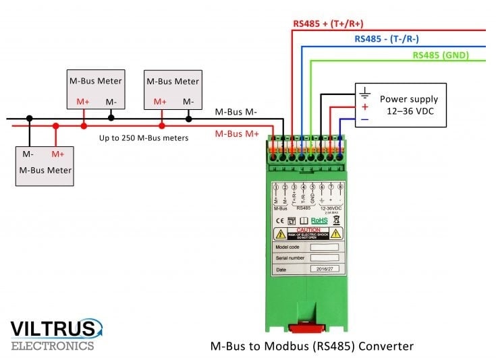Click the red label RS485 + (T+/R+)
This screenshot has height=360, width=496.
328,23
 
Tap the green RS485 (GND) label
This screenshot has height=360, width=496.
441,55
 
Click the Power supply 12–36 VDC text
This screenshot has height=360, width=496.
413,104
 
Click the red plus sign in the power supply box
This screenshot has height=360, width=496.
365,107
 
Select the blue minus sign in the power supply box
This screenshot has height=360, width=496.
365,119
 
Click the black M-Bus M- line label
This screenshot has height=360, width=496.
236,112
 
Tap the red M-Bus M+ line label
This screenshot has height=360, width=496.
237,133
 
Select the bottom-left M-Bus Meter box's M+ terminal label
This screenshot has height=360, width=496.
58,154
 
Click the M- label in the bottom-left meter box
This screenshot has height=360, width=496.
28,154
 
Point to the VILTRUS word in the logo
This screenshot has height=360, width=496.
53,328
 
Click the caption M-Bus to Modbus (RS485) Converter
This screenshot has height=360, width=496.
312,347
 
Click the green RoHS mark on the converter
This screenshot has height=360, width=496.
320,219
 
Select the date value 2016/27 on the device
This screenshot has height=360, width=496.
324,268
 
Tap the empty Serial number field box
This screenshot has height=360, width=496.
324,258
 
